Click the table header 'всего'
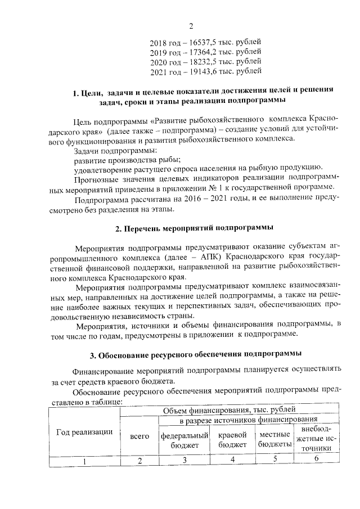[x=139, y=436]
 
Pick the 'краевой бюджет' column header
[x=233, y=440]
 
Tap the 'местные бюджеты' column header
[x=275, y=440]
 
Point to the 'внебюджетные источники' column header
[x=317, y=439]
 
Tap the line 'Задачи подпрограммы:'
[x=115, y=151]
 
